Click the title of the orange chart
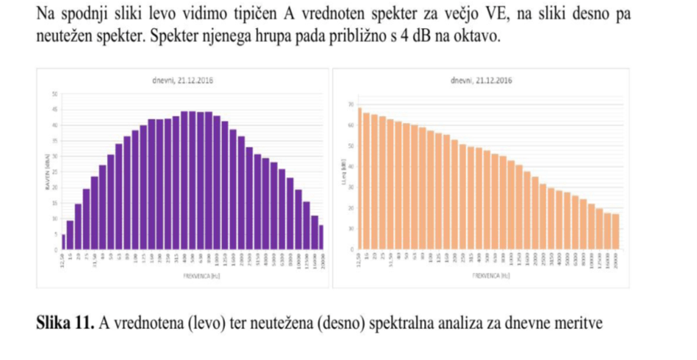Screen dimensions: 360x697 (x=480, y=80)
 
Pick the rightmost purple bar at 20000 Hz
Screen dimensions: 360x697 (x=321, y=238)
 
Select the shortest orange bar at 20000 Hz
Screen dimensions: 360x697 (x=616, y=232)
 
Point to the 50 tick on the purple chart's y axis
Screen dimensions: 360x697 (x=53, y=94)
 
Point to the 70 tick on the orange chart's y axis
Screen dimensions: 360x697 (x=352, y=105)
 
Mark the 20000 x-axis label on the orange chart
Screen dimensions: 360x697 (x=616, y=261)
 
